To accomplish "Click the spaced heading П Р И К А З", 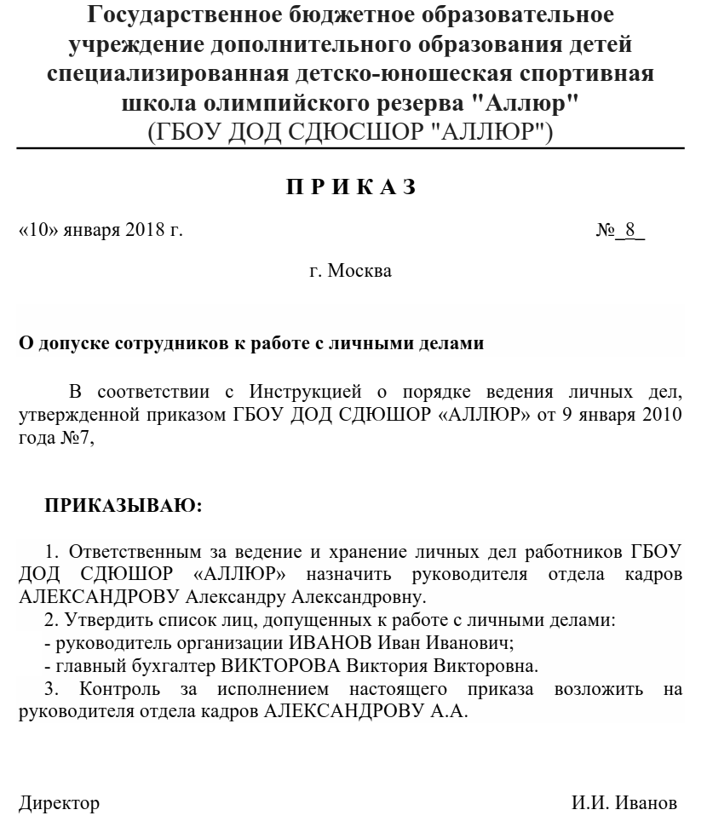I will tap(350, 187).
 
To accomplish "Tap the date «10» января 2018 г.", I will tap(101, 231).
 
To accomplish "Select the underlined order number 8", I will tap(630, 231).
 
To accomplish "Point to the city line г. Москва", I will tap(350, 272).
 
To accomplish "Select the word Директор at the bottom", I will tap(59, 804).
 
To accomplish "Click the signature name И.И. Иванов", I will tap(625, 804).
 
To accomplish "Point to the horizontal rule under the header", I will tap(350, 149).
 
